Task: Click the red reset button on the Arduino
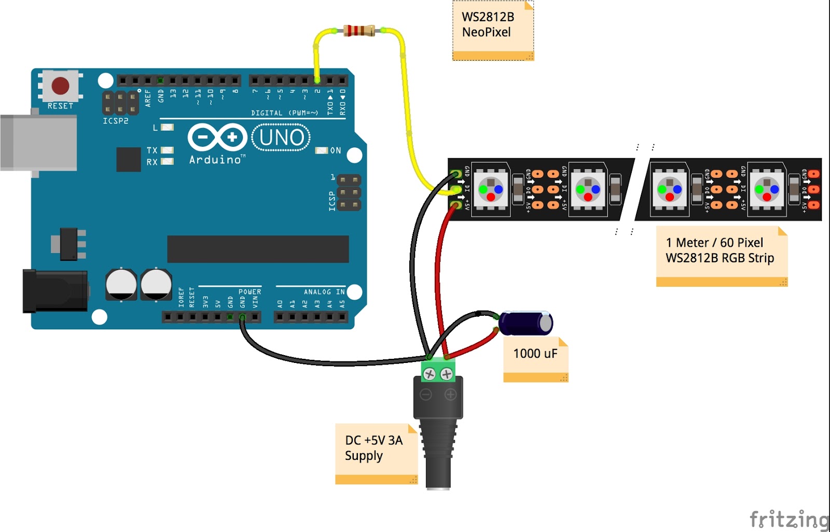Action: point(60,86)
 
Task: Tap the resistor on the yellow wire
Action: point(359,31)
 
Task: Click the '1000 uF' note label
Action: point(535,354)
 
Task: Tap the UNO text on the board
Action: point(282,137)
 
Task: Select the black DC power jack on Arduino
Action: point(54,291)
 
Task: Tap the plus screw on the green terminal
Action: point(446,374)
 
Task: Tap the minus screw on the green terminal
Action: point(429,374)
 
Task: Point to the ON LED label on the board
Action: point(336,150)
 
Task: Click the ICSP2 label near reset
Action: point(115,121)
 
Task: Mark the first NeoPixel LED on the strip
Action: point(491,189)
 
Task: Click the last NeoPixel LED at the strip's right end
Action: point(767,189)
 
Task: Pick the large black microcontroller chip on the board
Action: point(258,249)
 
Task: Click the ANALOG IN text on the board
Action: point(324,292)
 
